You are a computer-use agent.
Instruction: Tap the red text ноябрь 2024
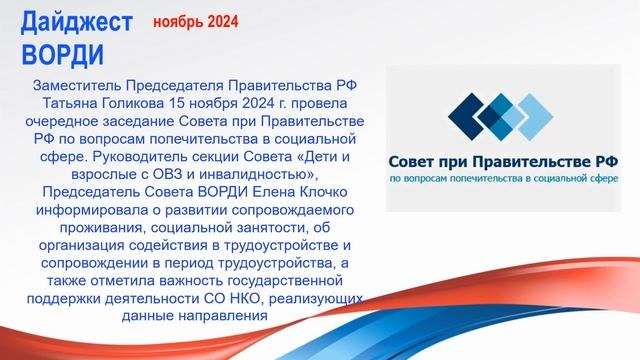(194, 21)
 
